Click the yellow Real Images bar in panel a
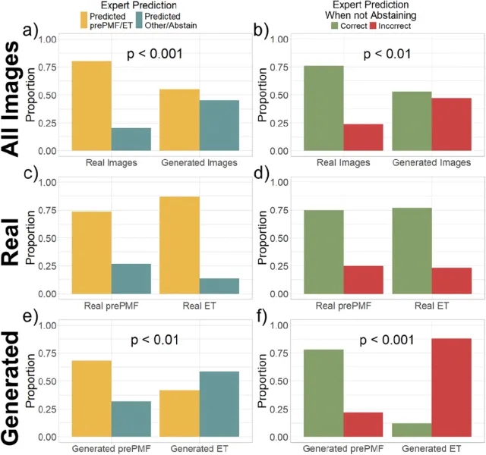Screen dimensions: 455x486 (91, 106)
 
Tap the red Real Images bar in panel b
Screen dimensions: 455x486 (363, 137)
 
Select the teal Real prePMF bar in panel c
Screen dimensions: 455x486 (131, 278)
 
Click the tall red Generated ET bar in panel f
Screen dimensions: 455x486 (452, 388)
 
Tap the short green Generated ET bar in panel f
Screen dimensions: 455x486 (412, 430)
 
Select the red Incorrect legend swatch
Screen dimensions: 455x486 (374, 27)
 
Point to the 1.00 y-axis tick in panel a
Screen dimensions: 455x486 (47, 39)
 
